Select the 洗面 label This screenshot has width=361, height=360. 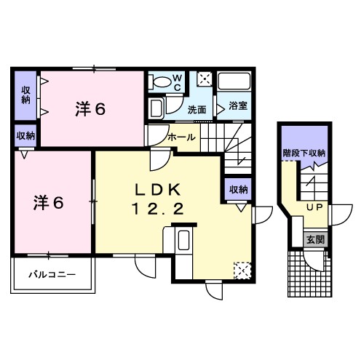tap(197, 110)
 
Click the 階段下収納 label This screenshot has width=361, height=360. tap(304, 153)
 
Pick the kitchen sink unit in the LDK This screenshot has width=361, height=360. tap(183, 240)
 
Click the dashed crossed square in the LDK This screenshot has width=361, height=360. tap(242, 270)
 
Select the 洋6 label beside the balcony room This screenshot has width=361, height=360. tap(49, 203)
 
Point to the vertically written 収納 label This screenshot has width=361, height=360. tap(25, 95)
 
